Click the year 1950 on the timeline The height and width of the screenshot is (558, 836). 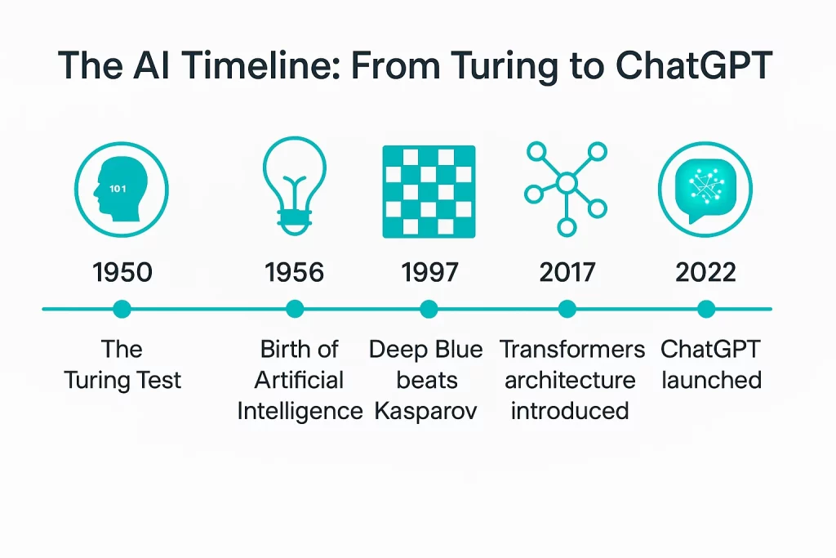pos(122,272)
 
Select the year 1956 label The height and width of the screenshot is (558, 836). pos(295,272)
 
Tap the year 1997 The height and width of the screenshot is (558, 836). pos(429,272)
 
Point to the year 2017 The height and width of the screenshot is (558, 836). pos(567,272)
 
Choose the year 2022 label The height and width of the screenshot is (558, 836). pos(705,272)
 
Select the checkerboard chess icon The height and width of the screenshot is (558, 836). pos(429,192)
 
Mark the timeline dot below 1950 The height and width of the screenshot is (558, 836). pos(122,309)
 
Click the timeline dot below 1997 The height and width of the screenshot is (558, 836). pos(429,309)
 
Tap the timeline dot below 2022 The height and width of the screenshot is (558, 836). pos(706,309)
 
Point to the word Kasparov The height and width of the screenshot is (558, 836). pos(425,410)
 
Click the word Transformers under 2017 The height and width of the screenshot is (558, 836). pos(572,350)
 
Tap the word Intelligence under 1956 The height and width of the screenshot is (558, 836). pos(300,410)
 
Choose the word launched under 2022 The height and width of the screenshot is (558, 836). pos(711,380)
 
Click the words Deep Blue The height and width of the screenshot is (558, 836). pos(425,350)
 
